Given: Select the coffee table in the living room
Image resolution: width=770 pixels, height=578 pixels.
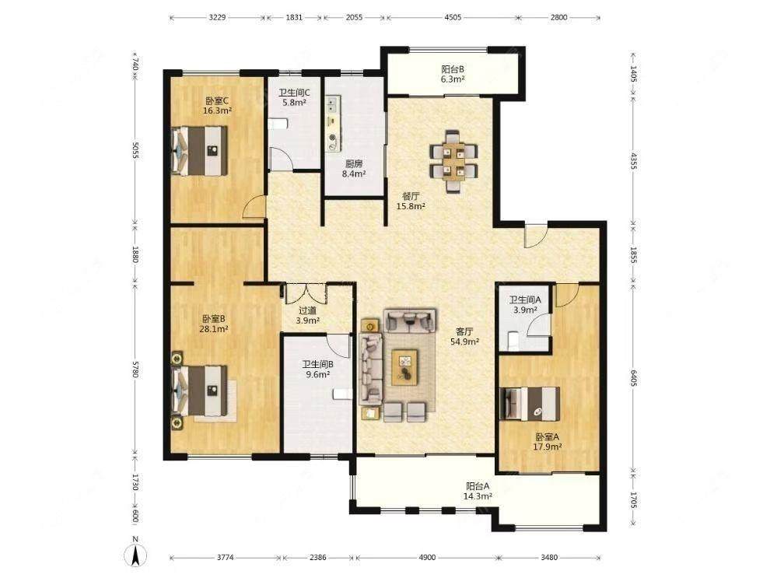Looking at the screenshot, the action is pyautogui.click(x=404, y=367).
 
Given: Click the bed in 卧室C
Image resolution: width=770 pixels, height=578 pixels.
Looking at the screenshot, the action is pyautogui.click(x=200, y=151).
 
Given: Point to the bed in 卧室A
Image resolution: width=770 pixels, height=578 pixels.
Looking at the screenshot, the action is pyautogui.click(x=530, y=405).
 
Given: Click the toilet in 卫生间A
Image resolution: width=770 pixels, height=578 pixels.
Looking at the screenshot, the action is pyautogui.click(x=513, y=340).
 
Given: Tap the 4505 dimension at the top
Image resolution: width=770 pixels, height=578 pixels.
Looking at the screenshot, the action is pyautogui.click(x=452, y=17).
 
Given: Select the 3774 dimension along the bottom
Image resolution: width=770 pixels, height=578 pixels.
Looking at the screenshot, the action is pyautogui.click(x=225, y=557).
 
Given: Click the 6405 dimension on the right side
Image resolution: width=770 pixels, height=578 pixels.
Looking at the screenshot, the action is pyautogui.click(x=633, y=378).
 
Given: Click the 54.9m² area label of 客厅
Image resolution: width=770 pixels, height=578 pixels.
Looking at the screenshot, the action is pyautogui.click(x=465, y=342).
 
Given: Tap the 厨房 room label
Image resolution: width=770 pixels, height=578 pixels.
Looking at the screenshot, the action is pyautogui.click(x=354, y=163).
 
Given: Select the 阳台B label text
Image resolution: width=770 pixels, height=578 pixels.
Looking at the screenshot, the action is pyautogui.click(x=453, y=69).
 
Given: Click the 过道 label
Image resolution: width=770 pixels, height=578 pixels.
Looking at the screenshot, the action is pyautogui.click(x=307, y=310).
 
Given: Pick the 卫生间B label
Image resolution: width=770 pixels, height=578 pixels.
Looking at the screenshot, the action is pyautogui.click(x=318, y=364).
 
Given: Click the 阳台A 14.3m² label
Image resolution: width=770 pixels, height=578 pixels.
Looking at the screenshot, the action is pyautogui.click(x=478, y=491).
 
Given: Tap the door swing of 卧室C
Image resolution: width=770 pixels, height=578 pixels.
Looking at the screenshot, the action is pyautogui.click(x=254, y=207).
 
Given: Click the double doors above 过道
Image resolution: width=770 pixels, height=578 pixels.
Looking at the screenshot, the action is pyautogui.click(x=306, y=293).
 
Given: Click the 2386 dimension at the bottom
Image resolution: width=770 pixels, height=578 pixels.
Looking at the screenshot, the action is pyautogui.click(x=318, y=557).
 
